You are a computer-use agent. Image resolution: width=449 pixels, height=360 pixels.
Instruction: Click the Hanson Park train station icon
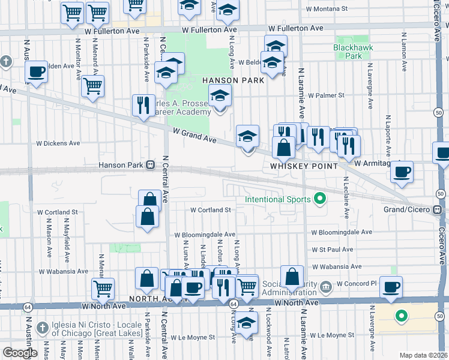coord(151,165)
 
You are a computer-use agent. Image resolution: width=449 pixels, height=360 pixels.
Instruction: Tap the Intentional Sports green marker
coord(320,199)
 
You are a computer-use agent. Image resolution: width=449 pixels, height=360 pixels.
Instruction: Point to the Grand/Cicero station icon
coord(438,210)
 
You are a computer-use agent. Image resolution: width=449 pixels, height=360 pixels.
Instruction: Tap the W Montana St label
coord(327,9)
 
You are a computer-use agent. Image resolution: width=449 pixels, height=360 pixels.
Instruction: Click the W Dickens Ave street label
coord(58,143)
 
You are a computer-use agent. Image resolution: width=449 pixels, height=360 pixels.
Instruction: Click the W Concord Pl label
coord(356,283)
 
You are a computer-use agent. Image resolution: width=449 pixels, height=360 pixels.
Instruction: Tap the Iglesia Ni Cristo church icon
coord(41,328)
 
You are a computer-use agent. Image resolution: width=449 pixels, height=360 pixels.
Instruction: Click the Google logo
coord(19,353)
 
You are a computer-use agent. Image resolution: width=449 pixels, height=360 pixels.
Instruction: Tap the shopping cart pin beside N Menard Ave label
coord(92,86)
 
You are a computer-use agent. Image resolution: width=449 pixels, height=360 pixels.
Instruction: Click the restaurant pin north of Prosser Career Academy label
coord(143,105)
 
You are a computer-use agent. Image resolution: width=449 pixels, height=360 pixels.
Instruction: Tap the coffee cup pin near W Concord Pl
coord(391,287)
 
